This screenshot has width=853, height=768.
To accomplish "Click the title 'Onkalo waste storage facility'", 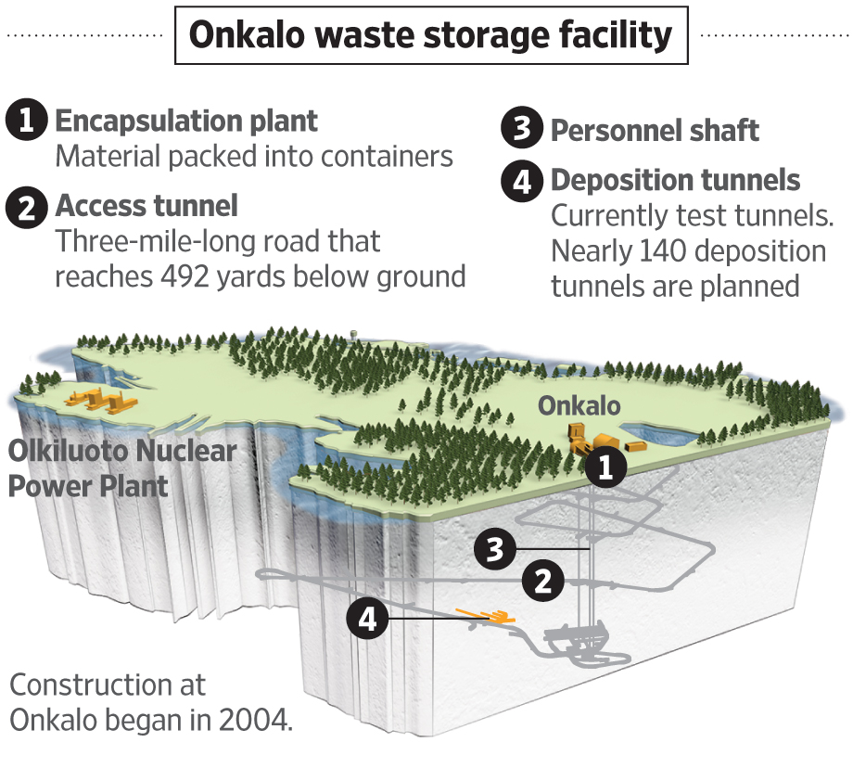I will [x=430, y=35].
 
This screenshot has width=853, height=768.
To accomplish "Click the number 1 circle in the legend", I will [x=27, y=122].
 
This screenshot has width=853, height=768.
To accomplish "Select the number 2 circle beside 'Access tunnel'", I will [x=27, y=207].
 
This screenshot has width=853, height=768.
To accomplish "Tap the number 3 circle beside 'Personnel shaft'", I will [x=522, y=130].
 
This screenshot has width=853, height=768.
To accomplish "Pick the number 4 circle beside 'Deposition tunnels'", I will [x=522, y=180].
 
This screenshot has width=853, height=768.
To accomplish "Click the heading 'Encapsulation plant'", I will [x=186, y=121].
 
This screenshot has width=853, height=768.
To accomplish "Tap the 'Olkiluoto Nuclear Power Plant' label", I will [x=122, y=468].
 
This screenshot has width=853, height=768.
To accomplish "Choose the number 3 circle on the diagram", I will [x=495, y=549].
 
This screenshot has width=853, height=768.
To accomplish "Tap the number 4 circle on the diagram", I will [x=368, y=619].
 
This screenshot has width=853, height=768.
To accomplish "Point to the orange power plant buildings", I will [x=97, y=400].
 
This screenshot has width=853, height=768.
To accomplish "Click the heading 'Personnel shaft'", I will [x=655, y=131].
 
